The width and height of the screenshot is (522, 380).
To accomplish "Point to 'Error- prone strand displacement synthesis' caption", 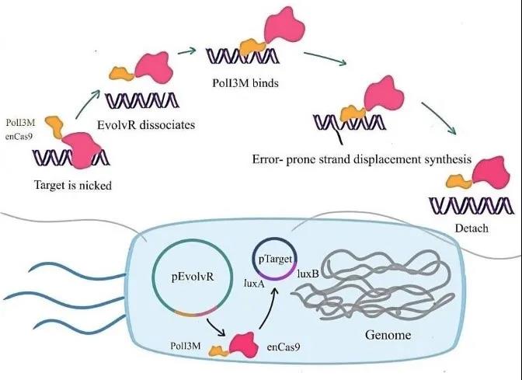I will tap(361, 159).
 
